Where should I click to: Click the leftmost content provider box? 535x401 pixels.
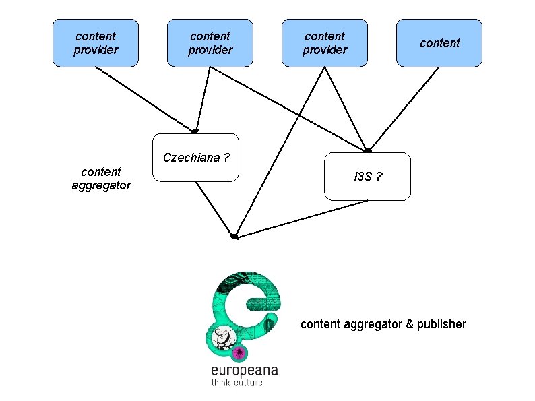(x=96, y=43)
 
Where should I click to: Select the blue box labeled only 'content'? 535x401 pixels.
(x=439, y=43)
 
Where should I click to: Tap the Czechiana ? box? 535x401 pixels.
(x=196, y=158)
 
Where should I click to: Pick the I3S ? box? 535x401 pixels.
(x=367, y=177)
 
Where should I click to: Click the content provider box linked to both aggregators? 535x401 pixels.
(x=210, y=43)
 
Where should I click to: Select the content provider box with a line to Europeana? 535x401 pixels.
(x=325, y=43)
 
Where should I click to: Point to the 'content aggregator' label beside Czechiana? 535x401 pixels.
(x=101, y=178)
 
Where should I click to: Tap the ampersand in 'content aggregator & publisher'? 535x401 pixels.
(x=409, y=324)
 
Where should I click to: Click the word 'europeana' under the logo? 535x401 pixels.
(x=244, y=370)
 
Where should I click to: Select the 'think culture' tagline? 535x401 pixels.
(x=237, y=383)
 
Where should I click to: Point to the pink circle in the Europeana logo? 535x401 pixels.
(x=237, y=352)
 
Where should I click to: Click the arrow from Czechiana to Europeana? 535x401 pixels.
(x=214, y=209)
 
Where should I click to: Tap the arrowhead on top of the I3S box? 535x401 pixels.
(x=367, y=150)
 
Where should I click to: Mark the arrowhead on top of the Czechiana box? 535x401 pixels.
(x=195, y=131)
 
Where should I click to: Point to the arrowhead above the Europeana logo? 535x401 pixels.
(x=234, y=237)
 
